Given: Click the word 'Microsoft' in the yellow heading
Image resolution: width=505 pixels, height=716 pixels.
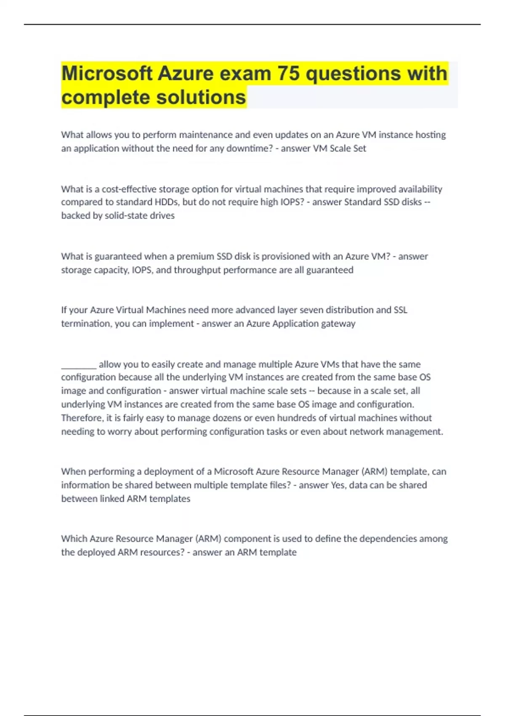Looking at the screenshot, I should point(107,73).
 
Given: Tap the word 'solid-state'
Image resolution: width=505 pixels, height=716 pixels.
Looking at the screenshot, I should point(126,216).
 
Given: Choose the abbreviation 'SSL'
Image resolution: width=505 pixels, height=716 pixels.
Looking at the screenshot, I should point(400,310).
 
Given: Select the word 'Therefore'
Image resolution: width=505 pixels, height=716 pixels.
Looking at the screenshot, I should point(82,418).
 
